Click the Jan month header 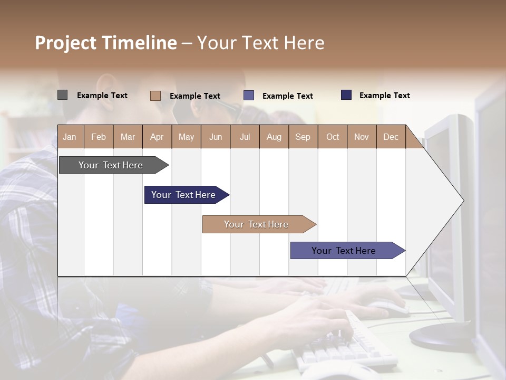pyautogui.click(x=70, y=137)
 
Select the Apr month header pyautogui.click(x=157, y=137)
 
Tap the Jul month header pyautogui.click(x=245, y=137)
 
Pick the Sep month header pyautogui.click(x=303, y=137)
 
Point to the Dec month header pyautogui.click(x=391, y=137)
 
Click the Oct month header pyautogui.click(x=333, y=137)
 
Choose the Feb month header pyautogui.click(x=99, y=137)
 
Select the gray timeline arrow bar pyautogui.click(x=111, y=165)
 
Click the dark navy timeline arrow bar pyautogui.click(x=183, y=195)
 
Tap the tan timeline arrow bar pyautogui.click(x=256, y=224)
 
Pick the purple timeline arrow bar pyautogui.click(x=344, y=251)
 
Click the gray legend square pyautogui.click(x=62, y=95)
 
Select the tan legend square pyautogui.click(x=155, y=96)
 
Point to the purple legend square pyautogui.click(x=249, y=96)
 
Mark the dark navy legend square pyautogui.click(x=346, y=95)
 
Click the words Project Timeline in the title pyautogui.click(x=106, y=43)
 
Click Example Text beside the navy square pyautogui.click(x=384, y=96)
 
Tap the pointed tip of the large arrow pyautogui.click(x=462, y=201)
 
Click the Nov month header pyautogui.click(x=362, y=137)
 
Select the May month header pyautogui.click(x=186, y=137)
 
